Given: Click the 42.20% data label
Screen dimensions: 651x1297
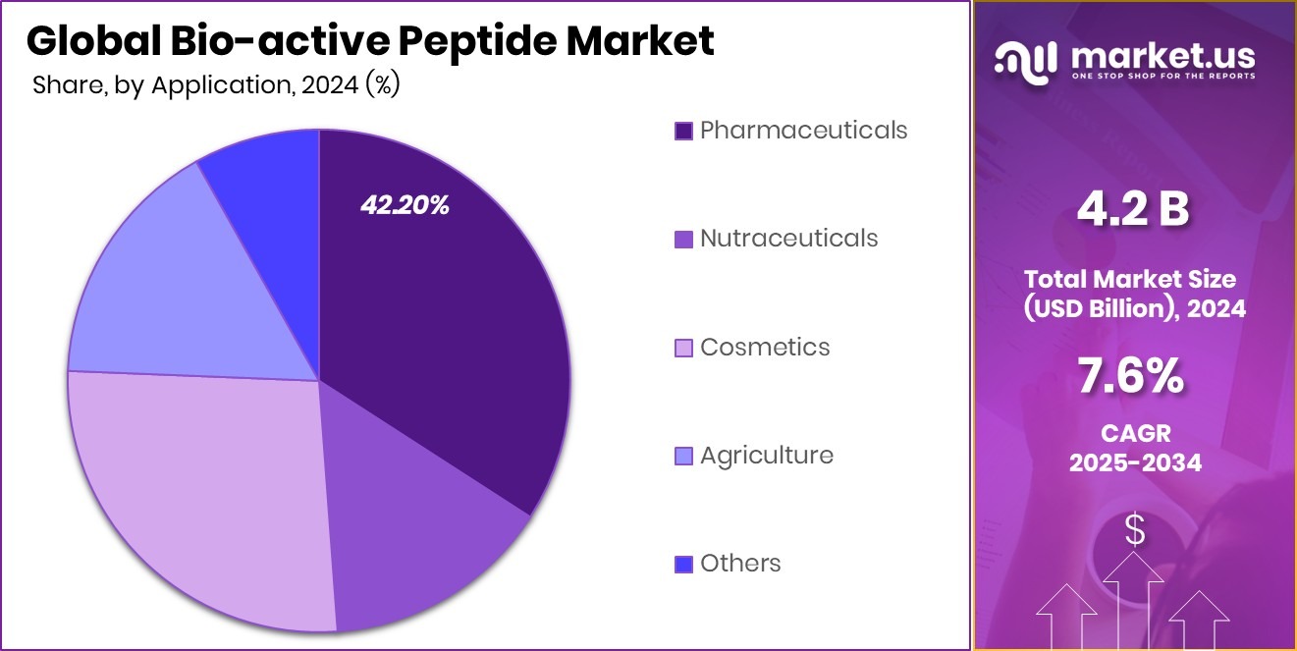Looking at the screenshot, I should (405, 205).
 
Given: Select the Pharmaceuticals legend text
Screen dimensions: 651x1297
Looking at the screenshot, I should (803, 130).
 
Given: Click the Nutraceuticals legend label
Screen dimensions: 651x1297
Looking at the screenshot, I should (788, 238).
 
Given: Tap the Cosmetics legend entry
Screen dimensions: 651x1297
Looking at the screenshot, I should (765, 347).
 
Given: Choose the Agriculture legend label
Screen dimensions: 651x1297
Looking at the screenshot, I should (766, 455).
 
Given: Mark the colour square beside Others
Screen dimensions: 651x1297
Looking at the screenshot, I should (683, 565).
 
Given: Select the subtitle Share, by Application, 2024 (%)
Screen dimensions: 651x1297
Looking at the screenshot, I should (215, 85).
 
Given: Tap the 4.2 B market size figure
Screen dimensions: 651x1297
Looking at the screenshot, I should (1133, 208).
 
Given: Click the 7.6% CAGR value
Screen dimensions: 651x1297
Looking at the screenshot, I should (1134, 376).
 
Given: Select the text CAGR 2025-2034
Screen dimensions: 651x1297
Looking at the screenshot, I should (1134, 448).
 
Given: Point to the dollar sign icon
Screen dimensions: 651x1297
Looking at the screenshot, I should (1134, 530).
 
